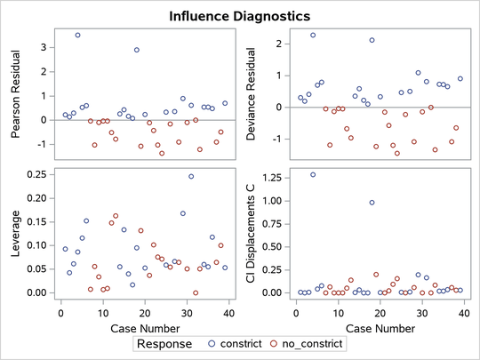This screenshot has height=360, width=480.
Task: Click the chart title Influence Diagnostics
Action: click(239, 16)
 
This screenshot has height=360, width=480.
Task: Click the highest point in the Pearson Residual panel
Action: click(77, 36)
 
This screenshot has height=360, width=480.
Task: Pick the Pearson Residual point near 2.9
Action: click(137, 50)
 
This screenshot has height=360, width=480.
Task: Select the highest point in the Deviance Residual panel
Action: click(313, 35)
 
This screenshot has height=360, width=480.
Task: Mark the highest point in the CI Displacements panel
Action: click(313, 175)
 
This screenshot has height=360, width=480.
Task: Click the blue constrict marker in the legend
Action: click(212, 342)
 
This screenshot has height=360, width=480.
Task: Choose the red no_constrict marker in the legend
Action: click(275, 342)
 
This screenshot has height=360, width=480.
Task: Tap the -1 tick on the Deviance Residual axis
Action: click(283, 139)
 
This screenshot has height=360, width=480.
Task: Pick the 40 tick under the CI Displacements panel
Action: click(463, 311)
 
